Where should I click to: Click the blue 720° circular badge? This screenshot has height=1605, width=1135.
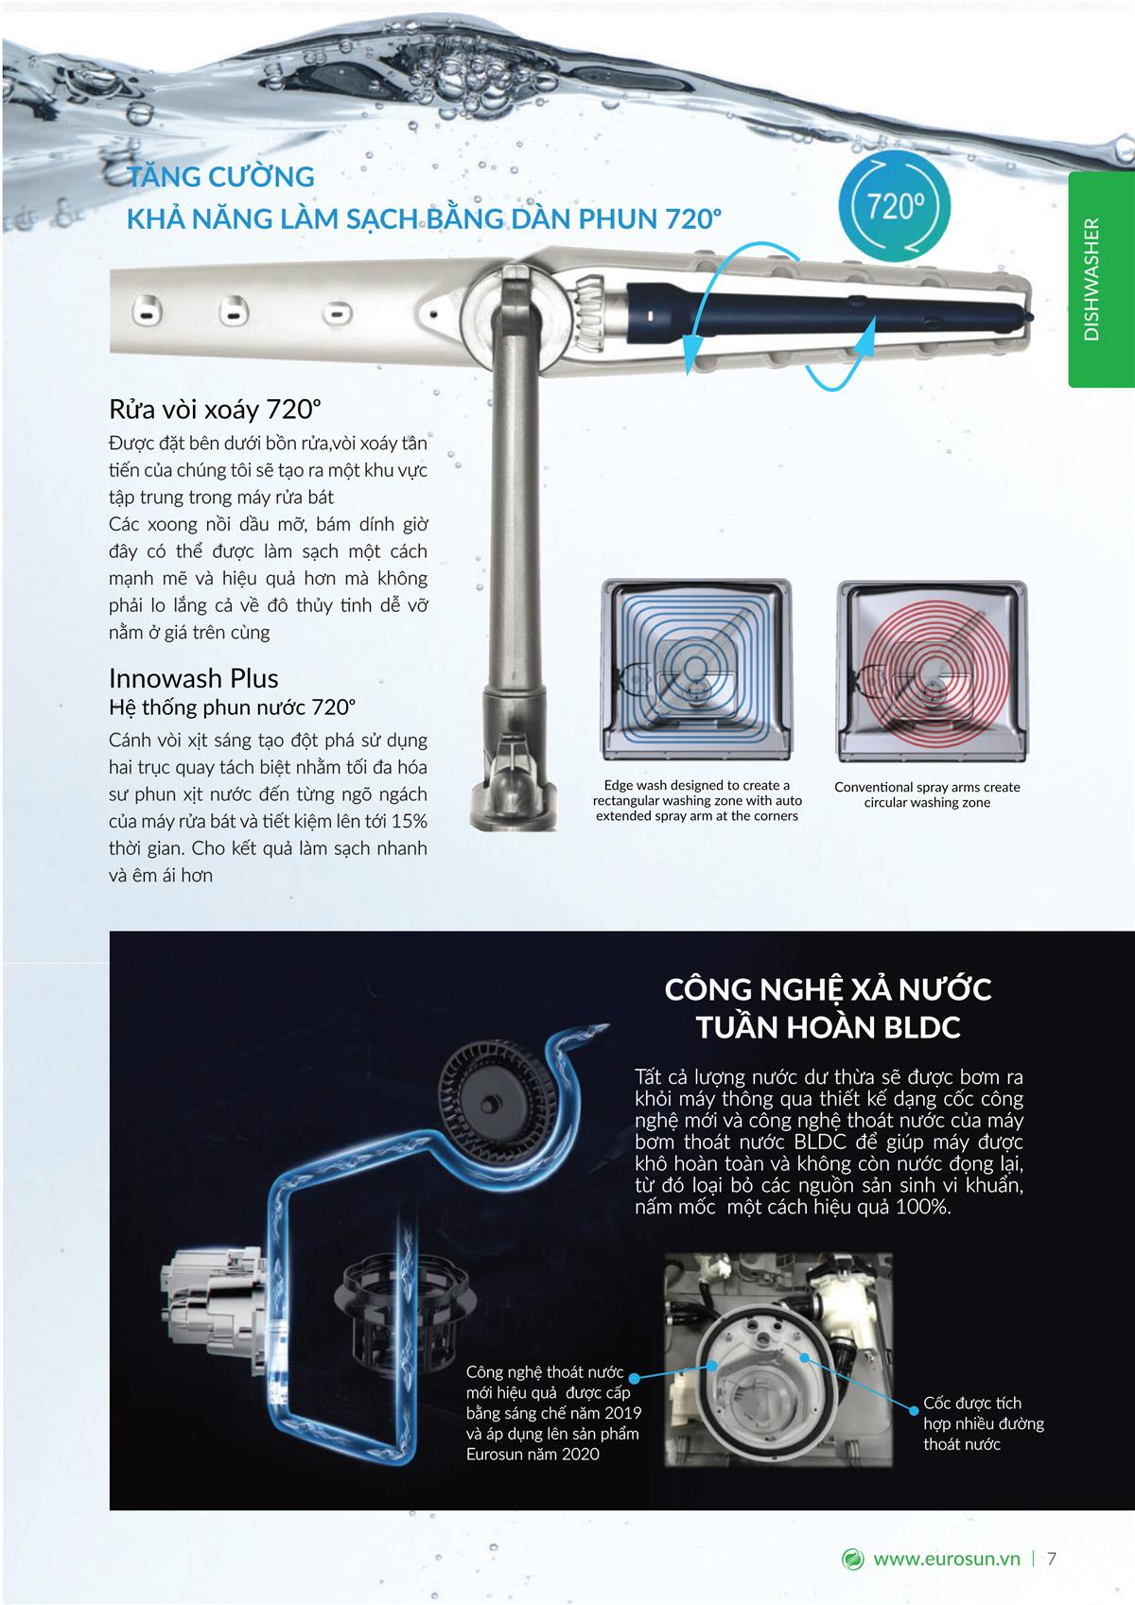(894, 207)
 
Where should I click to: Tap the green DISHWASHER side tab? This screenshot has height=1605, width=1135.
(1102, 280)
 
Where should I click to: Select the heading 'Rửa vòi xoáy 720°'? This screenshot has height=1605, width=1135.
(215, 410)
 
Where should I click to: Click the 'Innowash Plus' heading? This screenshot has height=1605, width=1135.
(194, 678)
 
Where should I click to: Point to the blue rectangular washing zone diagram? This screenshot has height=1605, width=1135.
(695, 672)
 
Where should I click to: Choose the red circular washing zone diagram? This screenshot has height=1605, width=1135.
(932, 672)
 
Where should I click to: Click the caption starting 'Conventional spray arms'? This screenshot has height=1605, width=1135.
(927, 794)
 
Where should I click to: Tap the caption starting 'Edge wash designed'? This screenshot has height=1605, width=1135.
(697, 800)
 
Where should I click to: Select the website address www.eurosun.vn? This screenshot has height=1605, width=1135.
(946, 1559)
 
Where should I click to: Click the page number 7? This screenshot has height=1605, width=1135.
(1051, 1559)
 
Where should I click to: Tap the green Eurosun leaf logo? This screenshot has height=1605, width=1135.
(852, 1559)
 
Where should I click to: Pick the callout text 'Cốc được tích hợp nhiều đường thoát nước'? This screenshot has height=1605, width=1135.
(984, 1423)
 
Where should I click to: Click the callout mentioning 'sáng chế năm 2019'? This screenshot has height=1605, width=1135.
(553, 1413)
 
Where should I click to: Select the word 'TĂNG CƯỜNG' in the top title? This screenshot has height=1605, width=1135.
(221, 177)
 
